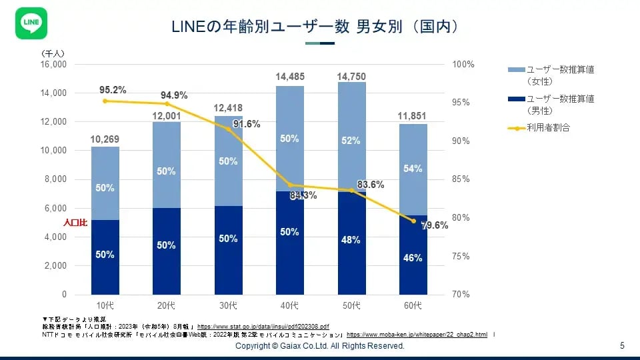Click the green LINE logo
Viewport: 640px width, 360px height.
point(30,24)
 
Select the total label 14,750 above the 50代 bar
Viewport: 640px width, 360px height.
point(351,77)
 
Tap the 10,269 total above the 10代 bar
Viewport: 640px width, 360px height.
point(105,139)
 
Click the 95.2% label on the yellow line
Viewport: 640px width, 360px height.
point(113,90)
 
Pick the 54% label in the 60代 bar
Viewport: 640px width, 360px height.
point(413,169)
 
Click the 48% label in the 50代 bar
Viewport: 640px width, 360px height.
point(351,240)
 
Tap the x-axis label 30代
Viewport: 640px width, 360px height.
point(228,306)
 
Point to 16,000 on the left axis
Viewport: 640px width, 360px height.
point(54,65)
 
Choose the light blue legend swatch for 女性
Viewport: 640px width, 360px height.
point(516,69)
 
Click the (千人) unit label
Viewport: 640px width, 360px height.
point(53,53)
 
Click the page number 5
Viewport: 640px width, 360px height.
point(622,346)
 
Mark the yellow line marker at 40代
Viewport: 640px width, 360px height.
point(290,185)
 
